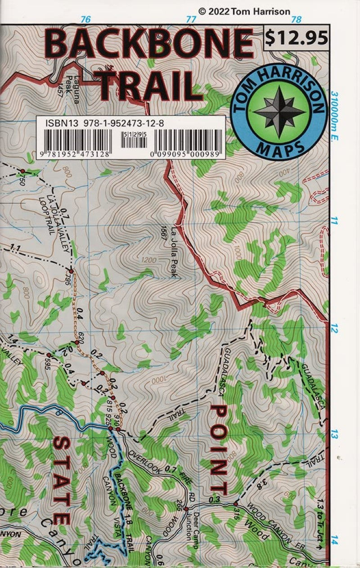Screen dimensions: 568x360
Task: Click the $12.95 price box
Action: (x=296, y=38)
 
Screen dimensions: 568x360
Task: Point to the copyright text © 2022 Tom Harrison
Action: (x=244, y=11)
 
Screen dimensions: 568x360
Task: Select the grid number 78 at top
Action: (x=296, y=19)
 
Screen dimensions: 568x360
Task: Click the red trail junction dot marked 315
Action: (x=235, y=504)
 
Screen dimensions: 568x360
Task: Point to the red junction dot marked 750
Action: (x=22, y=171)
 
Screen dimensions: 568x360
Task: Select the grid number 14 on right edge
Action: (x=333, y=542)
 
